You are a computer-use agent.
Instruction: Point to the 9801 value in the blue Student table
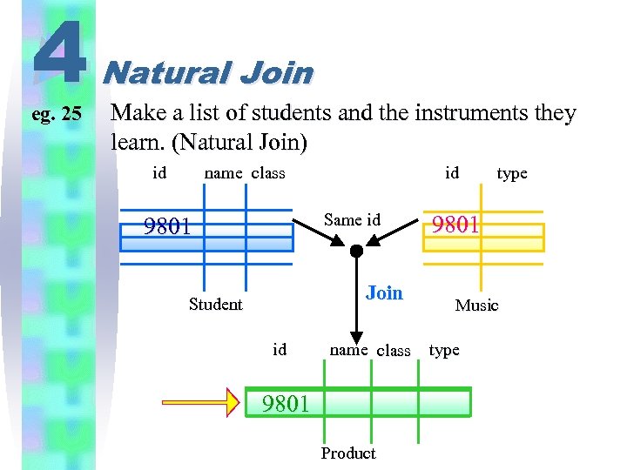167,226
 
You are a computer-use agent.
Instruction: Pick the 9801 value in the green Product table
286,403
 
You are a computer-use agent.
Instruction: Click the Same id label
352,219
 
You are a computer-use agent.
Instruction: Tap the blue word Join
384,292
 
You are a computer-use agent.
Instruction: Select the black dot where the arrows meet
355,252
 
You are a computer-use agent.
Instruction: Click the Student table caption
215,304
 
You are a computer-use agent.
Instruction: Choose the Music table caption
476,305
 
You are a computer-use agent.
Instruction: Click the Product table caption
348,453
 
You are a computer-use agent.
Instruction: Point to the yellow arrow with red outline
202,402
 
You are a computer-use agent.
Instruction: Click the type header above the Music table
512,173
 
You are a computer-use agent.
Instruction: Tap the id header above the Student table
159,172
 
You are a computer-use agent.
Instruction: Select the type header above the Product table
444,350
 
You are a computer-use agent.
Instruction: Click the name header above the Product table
348,350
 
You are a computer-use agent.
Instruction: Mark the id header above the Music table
452,172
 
